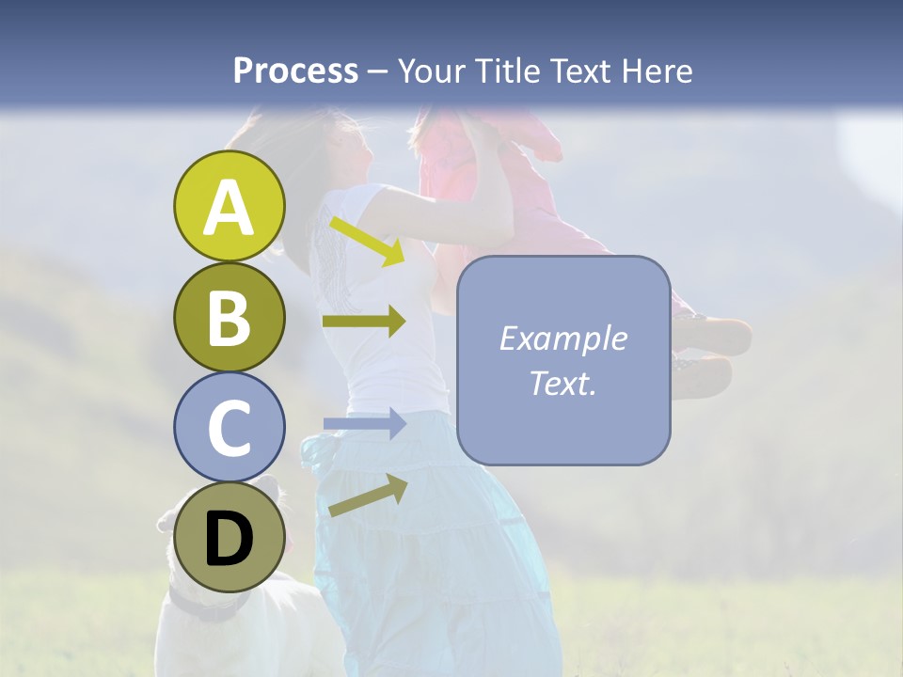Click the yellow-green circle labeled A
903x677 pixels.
(229, 206)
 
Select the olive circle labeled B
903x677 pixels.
(229, 318)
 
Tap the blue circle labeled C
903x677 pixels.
(229, 427)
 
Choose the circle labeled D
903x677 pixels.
(229, 537)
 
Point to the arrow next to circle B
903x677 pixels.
(364, 322)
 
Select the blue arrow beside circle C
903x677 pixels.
(364, 424)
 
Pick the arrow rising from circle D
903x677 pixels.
(368, 496)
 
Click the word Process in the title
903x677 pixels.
(295, 71)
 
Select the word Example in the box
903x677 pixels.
(562, 338)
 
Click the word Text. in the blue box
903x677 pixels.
(562, 383)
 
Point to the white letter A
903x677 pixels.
(229, 208)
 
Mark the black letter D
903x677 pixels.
(229, 539)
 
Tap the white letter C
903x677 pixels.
(229, 429)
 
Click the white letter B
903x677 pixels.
(229, 318)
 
